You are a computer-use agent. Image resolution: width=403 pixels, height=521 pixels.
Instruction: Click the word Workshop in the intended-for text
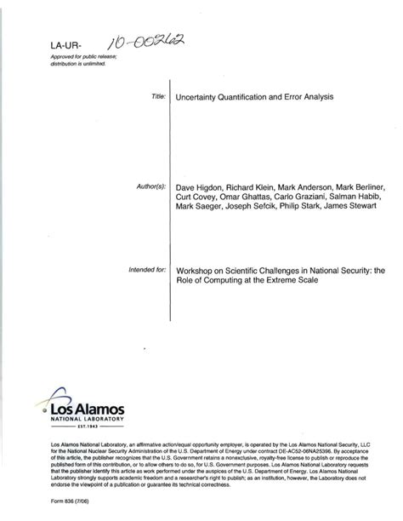click(196, 271)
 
